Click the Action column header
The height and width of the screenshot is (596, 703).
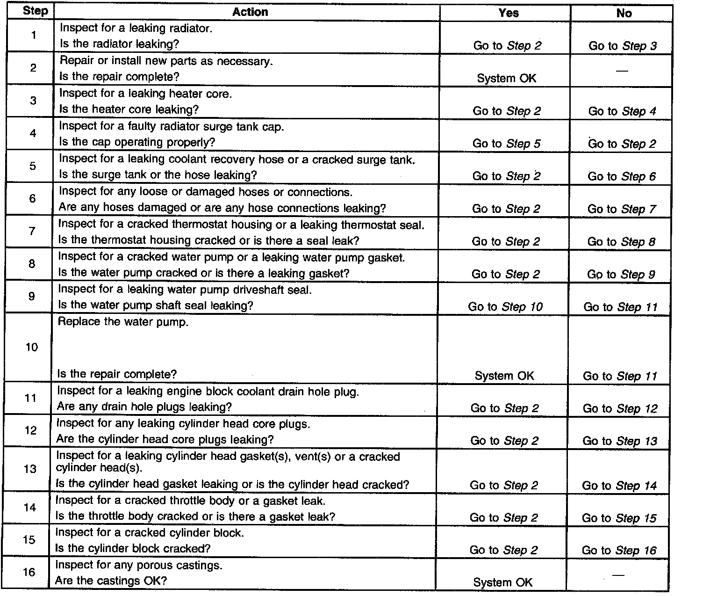[x=250, y=12]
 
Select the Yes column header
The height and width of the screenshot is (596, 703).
[x=508, y=13]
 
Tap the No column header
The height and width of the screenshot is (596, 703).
[x=624, y=13]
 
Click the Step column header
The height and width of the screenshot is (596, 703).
[x=35, y=11]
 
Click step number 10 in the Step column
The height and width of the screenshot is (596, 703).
[x=31, y=347]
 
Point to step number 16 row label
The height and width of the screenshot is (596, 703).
[x=29, y=572]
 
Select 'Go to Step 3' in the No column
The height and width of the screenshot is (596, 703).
[x=623, y=46]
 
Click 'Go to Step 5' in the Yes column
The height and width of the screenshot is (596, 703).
[x=506, y=143]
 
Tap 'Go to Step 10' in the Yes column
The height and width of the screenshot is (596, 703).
[x=505, y=307]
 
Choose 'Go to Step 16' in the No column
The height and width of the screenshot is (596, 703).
[x=619, y=551]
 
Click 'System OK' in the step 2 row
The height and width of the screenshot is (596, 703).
[x=507, y=78]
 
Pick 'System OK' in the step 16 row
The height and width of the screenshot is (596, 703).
[x=502, y=582]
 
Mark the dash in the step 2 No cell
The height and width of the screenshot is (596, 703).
[x=622, y=71]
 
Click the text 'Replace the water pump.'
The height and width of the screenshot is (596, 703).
[x=123, y=322]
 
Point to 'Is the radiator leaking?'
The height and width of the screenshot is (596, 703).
[x=119, y=44]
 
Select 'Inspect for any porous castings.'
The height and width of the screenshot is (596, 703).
[x=139, y=566]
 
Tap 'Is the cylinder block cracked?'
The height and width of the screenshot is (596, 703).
[x=133, y=548]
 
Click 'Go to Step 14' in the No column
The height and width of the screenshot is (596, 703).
[x=619, y=486]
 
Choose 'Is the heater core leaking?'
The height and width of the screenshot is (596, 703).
[x=129, y=109]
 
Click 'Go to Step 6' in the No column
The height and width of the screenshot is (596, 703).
[x=622, y=176]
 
